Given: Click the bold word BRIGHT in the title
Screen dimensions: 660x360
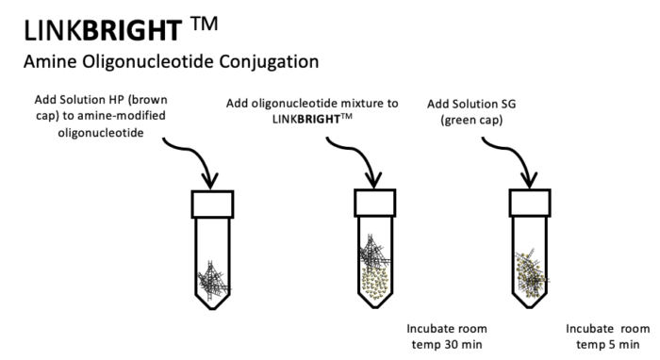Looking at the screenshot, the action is tap(132, 30).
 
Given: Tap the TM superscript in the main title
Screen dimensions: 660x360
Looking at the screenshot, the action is tap(205, 24).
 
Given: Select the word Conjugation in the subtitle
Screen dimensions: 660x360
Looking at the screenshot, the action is tap(269, 62).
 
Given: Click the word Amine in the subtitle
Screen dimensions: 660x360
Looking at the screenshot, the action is tap(50, 61).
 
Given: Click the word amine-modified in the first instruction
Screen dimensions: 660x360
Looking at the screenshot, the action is tap(120, 116).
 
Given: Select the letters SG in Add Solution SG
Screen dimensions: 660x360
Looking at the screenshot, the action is tap(508, 104).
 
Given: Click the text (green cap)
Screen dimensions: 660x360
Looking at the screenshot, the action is tap(471, 121).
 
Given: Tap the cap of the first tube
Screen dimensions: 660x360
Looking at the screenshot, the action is tap(212, 205).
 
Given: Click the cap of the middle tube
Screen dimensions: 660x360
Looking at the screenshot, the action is tap(374, 204).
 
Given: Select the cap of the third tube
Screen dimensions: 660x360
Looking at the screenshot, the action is tap(530, 204).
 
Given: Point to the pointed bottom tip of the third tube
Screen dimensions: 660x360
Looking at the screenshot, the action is tap(530, 307).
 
